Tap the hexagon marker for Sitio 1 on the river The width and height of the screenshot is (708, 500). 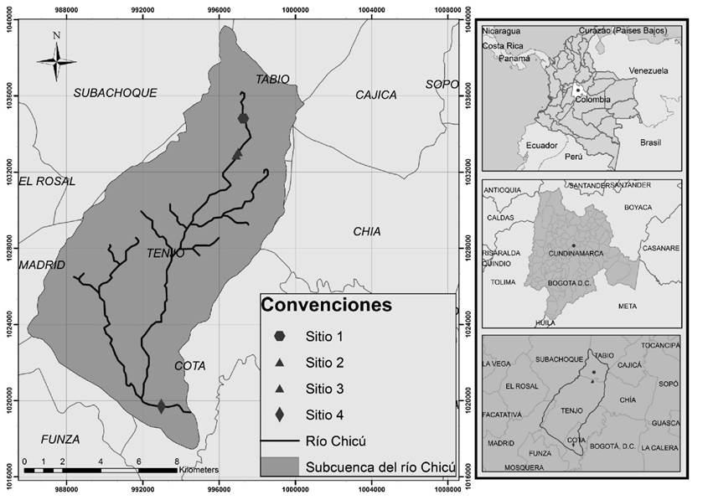tap(244, 118)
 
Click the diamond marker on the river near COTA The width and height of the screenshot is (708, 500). tap(162, 406)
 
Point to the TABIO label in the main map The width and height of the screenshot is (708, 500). tap(272, 79)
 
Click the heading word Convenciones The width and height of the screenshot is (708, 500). tap(326, 305)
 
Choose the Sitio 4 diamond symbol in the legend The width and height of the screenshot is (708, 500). tap(279, 415)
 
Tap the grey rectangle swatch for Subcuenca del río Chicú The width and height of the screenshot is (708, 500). tap(279, 466)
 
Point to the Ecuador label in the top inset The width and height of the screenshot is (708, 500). tap(541, 146)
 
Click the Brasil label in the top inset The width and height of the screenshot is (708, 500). tap(650, 142)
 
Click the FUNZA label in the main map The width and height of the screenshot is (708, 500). tap(60, 439)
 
